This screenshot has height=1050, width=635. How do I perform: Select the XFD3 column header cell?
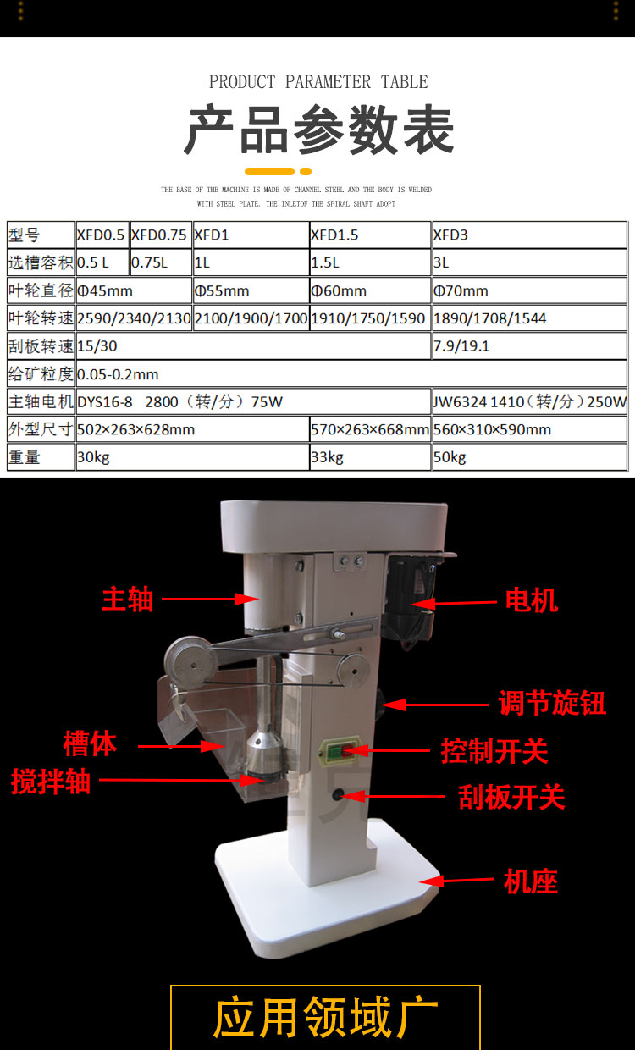pos(529,235)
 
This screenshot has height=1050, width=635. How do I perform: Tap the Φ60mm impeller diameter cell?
pos(370,290)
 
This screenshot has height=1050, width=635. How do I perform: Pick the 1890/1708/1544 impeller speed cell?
pos(529,318)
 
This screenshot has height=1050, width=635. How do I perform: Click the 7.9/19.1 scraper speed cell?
pos(529,346)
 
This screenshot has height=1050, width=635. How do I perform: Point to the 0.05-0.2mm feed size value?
pos(118,374)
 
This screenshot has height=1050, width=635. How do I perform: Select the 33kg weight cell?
pos(370,457)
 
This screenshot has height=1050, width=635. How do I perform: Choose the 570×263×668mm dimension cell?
pos(370,429)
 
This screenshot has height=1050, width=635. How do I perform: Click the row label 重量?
pos(25,457)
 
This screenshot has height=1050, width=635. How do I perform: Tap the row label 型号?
pos(25,235)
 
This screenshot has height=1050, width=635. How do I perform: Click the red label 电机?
pos(532,600)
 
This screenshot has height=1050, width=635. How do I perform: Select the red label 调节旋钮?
pos(552,703)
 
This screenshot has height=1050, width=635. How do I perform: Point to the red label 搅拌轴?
pos(51,781)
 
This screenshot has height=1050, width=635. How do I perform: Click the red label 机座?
pos(531,881)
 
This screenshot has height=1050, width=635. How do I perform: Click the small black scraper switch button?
pos(338,795)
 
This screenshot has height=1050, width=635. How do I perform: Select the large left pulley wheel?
pos(190,662)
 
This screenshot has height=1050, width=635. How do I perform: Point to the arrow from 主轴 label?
pos(211,599)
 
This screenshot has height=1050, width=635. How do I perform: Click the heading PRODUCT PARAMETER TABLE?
pos(318,82)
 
